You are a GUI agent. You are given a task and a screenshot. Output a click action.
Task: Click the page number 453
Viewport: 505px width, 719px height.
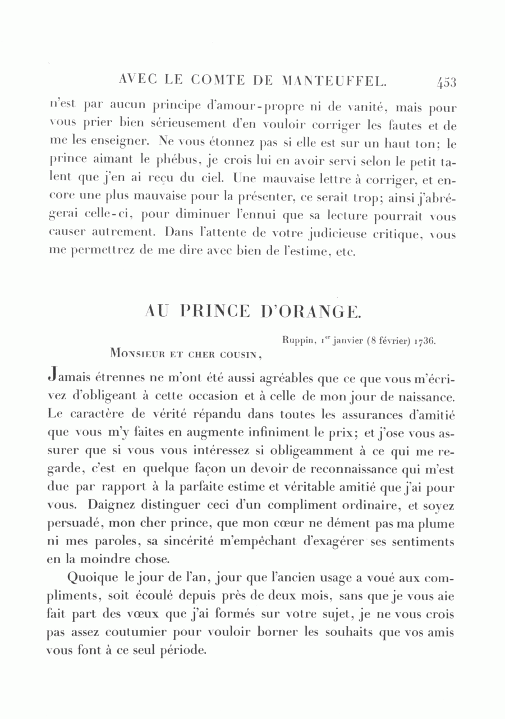(447, 83)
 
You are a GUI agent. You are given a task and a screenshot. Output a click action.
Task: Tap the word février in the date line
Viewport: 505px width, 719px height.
(386, 340)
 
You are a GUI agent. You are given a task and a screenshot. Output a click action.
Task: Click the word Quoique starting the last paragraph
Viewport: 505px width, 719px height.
(92, 578)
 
